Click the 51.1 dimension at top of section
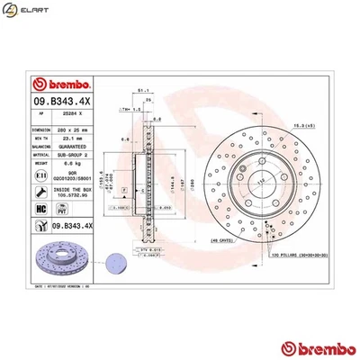click(141, 90)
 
